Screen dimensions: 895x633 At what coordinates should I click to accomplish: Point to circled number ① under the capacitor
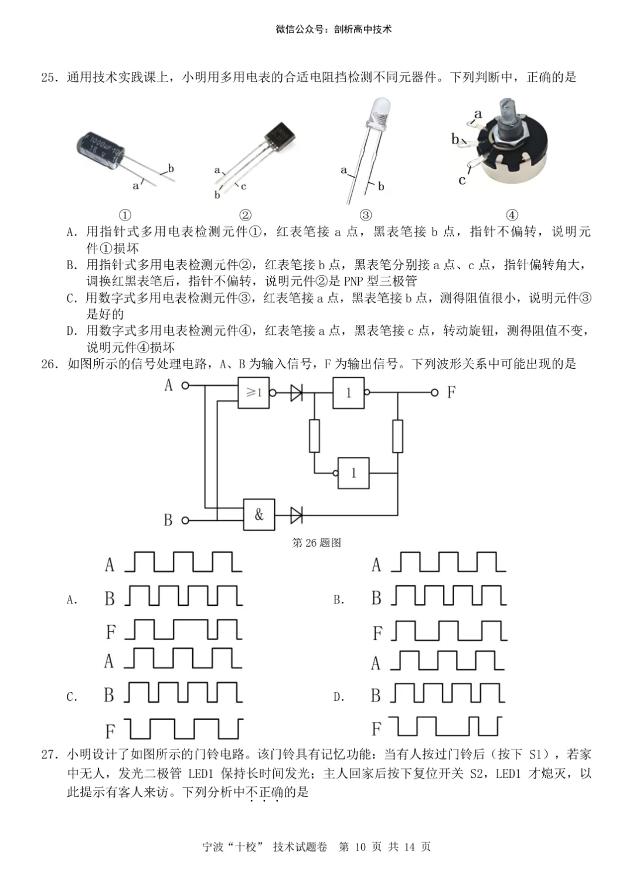(125, 215)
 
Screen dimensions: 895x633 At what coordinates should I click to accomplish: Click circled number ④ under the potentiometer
(512, 215)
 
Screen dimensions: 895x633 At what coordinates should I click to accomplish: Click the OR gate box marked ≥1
(253, 392)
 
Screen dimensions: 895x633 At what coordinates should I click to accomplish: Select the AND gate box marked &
(258, 515)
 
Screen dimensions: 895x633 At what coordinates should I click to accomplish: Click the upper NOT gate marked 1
(349, 392)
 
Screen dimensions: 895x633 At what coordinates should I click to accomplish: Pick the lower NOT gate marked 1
(353, 473)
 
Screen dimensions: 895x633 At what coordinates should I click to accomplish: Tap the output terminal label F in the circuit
(451, 392)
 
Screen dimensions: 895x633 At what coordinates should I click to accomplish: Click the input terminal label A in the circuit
(169, 385)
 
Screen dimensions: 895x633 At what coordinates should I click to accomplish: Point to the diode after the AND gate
(297, 516)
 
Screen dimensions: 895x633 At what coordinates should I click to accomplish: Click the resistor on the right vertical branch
(397, 436)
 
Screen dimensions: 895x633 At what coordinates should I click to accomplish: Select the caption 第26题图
(316, 543)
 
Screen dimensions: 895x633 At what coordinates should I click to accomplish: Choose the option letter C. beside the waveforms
(72, 697)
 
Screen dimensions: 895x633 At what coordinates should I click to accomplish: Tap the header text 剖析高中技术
(362, 29)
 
